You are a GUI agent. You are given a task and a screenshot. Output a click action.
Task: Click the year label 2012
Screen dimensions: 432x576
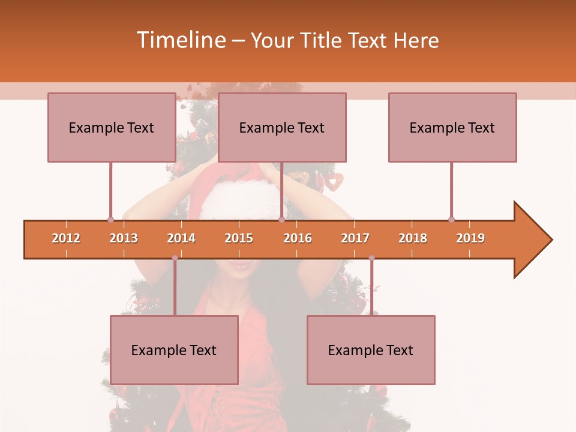tap(66, 238)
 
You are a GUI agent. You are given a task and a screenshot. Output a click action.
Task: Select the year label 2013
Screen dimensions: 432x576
tap(124, 238)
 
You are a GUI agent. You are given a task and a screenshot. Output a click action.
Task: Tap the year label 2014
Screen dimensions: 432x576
tap(181, 238)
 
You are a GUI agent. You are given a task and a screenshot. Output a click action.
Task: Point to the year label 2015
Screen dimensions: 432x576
tap(239, 238)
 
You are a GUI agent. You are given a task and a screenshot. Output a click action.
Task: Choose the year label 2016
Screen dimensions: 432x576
tap(298, 238)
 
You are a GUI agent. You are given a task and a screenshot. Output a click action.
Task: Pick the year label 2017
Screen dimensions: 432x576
tap(355, 238)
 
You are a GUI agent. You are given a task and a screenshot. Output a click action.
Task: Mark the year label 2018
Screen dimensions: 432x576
tap(413, 238)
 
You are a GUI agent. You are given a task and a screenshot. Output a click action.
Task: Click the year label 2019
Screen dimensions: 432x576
tap(470, 238)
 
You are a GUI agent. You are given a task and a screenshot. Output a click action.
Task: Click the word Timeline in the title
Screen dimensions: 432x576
tap(180, 40)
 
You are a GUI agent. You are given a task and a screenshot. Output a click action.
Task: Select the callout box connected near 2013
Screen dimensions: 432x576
tap(112, 127)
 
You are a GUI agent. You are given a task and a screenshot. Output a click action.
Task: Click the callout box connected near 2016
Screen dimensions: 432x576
tap(282, 127)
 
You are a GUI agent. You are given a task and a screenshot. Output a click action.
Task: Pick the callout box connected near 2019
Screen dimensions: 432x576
tap(452, 127)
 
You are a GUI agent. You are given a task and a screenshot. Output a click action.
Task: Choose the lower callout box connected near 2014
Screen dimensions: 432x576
tap(174, 350)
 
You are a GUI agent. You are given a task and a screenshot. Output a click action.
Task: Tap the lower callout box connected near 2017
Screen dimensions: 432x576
tap(371, 350)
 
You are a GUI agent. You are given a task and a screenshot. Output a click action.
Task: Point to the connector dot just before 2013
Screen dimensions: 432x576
tap(110, 220)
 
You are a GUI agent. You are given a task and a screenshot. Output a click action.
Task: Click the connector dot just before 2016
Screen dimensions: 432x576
tap(281, 220)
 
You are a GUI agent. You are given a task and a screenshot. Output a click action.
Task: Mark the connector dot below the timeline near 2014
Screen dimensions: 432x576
tap(175, 258)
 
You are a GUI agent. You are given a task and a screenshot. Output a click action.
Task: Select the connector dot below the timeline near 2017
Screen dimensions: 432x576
tap(371, 258)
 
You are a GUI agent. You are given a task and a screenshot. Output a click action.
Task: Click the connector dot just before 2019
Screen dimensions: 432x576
tap(451, 220)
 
